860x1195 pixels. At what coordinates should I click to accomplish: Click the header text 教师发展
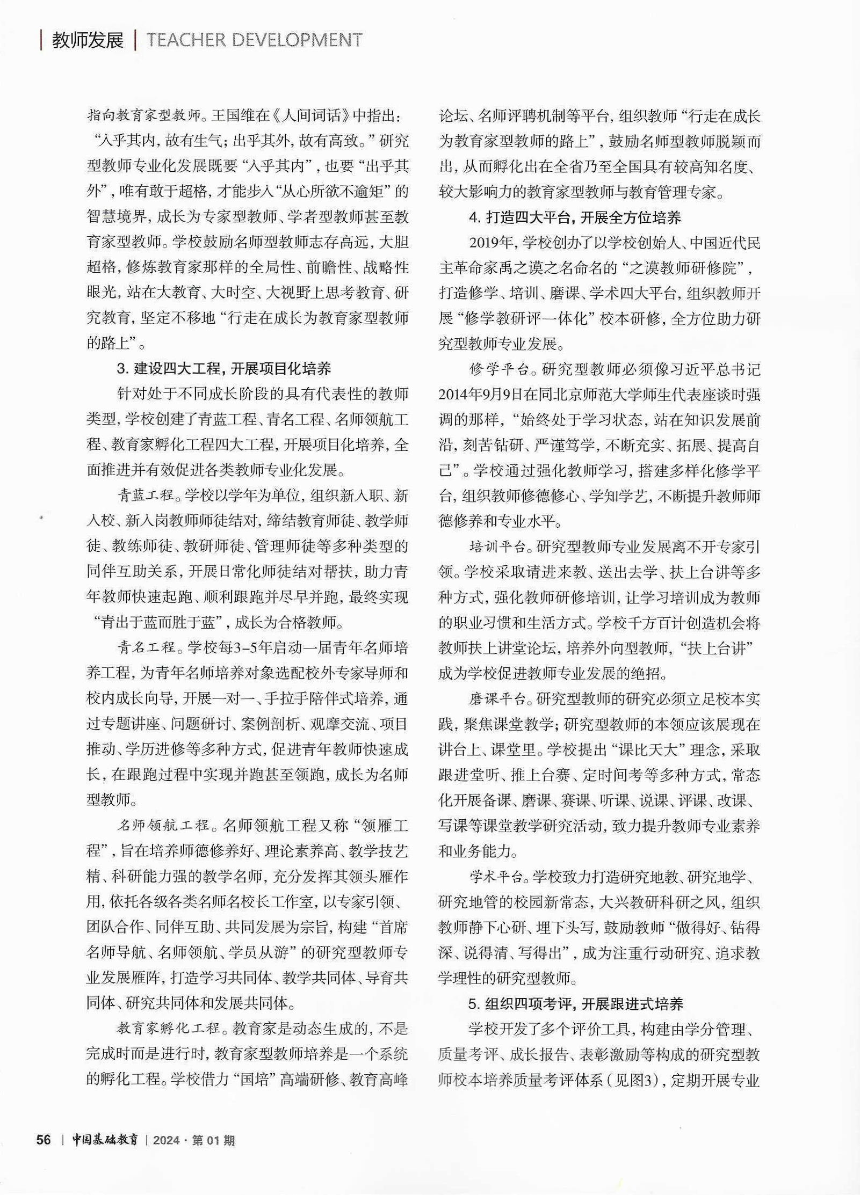[88, 40]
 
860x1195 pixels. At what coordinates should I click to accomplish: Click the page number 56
[44, 1140]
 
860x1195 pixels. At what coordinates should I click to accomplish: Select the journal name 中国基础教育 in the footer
[105, 1140]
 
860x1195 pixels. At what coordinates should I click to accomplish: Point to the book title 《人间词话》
[312, 115]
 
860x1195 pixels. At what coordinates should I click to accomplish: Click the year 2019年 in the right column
[492, 243]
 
